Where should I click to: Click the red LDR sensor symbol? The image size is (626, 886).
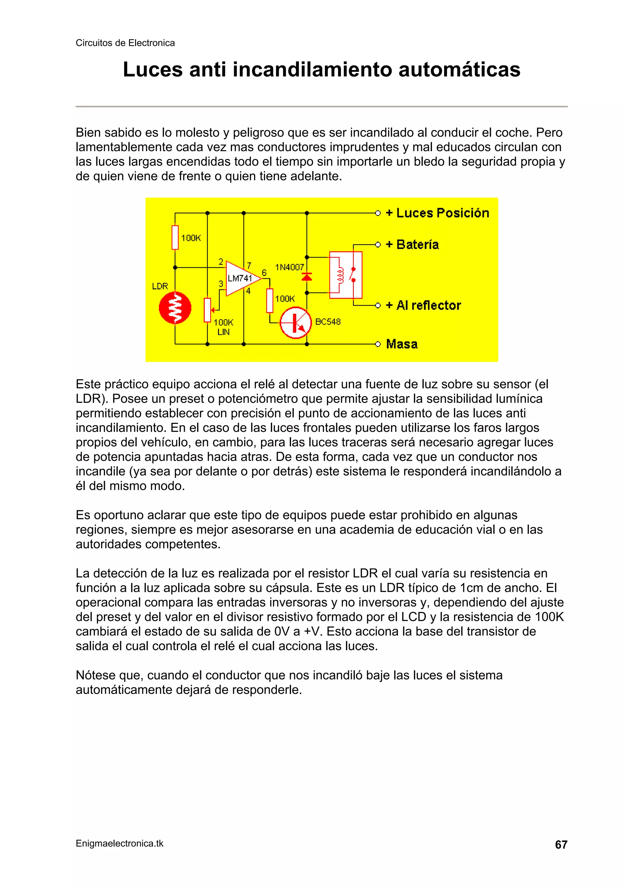point(175,308)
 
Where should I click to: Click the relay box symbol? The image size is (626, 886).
point(346,275)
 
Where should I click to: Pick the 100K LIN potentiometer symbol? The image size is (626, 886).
point(208,310)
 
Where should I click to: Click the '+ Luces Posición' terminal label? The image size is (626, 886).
point(437,213)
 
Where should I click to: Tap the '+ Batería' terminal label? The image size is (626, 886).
point(412,245)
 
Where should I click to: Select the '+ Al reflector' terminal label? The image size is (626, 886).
point(424,305)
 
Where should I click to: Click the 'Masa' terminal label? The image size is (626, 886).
point(402,344)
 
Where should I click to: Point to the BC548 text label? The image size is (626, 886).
point(328,322)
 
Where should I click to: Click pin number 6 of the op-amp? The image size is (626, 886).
point(264,273)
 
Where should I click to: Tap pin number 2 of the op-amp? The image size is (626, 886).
point(221,261)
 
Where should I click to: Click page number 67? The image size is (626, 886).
point(561,845)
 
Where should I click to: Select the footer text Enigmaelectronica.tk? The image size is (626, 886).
point(120,843)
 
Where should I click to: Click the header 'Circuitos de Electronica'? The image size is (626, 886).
point(125,43)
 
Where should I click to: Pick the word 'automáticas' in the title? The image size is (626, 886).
point(459,70)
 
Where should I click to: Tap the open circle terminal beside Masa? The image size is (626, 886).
point(378,344)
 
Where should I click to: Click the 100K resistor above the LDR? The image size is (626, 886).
point(175,237)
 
